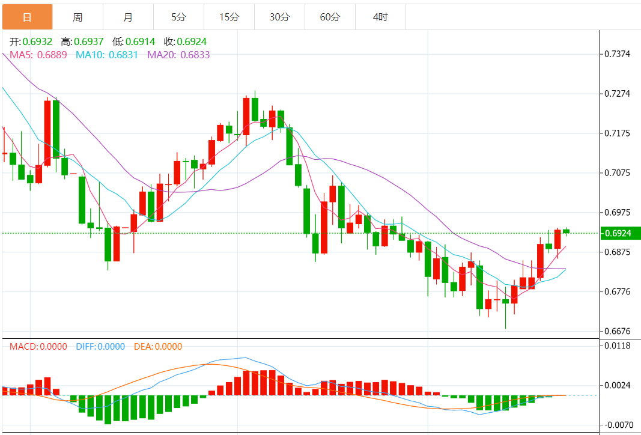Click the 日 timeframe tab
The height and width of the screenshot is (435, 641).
coord(27,17)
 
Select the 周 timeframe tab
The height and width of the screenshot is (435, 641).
coord(77,17)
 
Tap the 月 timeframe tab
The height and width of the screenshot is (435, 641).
coord(128,17)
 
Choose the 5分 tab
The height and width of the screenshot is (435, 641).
coord(178,17)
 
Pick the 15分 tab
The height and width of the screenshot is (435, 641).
coord(229,17)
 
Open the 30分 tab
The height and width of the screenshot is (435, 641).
coord(279,17)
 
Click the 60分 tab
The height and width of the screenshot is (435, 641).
coord(330,17)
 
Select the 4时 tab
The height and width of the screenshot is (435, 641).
coord(380,17)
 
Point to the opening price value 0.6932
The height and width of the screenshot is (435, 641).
coord(37,42)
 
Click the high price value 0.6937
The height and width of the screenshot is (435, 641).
coord(89,42)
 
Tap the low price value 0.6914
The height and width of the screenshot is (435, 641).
coord(141,42)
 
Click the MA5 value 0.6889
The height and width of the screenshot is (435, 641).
coord(52,55)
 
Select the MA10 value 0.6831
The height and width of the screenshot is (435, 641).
coord(123,55)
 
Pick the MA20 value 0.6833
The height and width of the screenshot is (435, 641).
coord(195,55)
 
